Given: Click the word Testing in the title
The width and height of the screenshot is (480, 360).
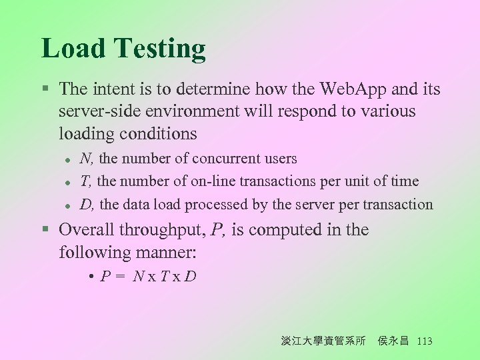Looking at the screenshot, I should click(x=160, y=49).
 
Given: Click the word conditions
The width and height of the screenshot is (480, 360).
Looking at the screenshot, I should click(x=158, y=134).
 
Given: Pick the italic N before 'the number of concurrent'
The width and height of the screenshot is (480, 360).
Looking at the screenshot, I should click(x=86, y=159).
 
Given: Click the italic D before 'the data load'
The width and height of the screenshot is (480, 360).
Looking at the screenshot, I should click(x=86, y=205).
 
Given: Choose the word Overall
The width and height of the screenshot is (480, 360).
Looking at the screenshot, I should click(x=87, y=230).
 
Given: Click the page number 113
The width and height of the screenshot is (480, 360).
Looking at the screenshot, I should click(x=424, y=341).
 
